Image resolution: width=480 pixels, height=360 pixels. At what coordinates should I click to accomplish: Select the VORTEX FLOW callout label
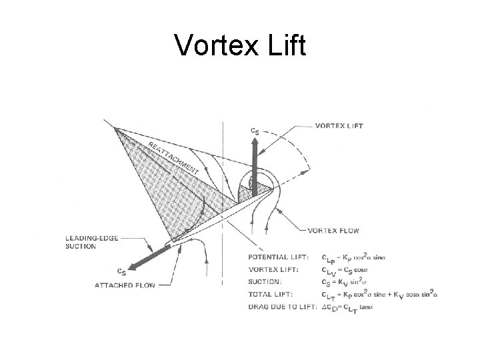pyautogui.click(x=333, y=231)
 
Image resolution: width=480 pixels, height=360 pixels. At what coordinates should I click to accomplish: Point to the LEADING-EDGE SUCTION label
pyautogui.click(x=90, y=242)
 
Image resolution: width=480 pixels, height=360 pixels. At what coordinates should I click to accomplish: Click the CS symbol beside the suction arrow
pyautogui.click(x=121, y=271)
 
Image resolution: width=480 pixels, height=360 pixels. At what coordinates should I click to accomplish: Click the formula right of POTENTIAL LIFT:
pyautogui.click(x=353, y=257)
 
